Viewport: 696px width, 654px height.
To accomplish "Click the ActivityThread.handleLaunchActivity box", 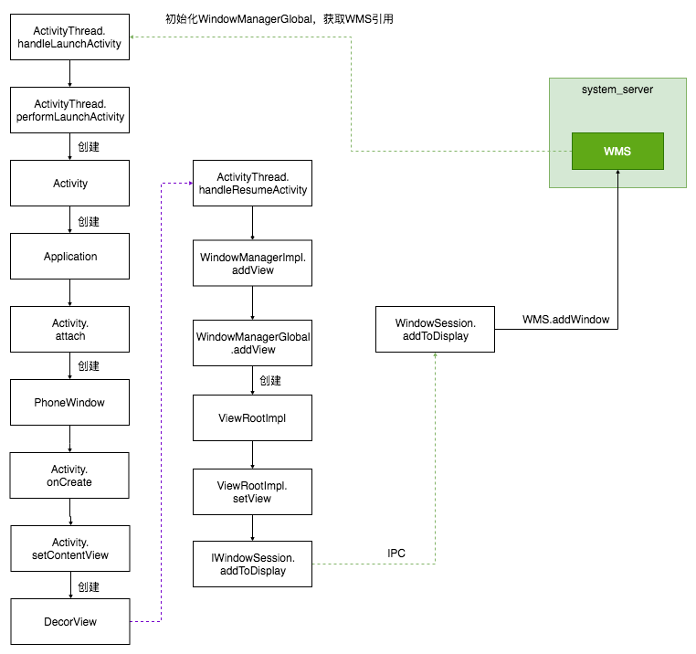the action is pos(69,37).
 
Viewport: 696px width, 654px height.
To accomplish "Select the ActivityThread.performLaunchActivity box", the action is pos(69,111).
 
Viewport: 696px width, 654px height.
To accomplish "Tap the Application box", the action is pos(69,256).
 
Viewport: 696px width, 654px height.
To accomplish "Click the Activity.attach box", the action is pos(69,330).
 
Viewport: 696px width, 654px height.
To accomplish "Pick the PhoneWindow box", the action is pos(69,402).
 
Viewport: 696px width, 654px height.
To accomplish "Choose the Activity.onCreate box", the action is pos(69,476).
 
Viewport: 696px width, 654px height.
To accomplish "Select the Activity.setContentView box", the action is pos(70,548).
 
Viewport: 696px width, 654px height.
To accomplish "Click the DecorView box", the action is pos(70,622).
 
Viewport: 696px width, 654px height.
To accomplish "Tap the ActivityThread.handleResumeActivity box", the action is pos(253,183).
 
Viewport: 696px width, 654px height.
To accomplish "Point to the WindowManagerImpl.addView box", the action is pos(253,263).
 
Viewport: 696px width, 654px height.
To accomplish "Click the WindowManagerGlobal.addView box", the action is pos(253,343).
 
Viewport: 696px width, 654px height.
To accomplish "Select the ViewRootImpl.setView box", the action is pos(253,492).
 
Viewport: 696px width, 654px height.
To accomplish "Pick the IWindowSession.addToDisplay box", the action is pos(253,564).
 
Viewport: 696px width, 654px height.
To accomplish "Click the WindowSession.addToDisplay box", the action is pos(435,330).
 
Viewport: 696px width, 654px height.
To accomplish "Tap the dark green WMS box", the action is pos(617,151).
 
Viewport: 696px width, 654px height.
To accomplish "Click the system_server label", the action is pos(617,90).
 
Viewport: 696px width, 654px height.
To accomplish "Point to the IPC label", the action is pos(396,554).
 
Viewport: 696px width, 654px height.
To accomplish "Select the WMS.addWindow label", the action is pos(566,319).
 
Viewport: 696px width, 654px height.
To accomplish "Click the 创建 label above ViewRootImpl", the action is pos(270,381).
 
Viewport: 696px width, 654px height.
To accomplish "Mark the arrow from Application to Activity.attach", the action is pos(69,292).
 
